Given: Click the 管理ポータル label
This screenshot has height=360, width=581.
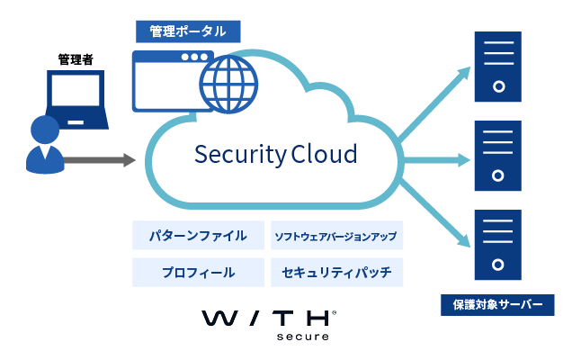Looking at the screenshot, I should click(x=188, y=31).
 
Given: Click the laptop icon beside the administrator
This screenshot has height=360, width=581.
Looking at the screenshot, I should click(x=76, y=99).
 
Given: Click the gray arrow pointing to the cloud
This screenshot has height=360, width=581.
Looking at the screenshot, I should click(x=99, y=161).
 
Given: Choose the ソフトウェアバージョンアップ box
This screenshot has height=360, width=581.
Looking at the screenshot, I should click(x=335, y=237).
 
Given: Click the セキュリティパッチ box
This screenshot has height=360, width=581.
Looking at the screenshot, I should click(x=335, y=272).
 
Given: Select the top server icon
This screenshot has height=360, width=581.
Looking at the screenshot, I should click(x=497, y=66).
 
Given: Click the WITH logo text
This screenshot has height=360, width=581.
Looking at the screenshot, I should click(x=267, y=319).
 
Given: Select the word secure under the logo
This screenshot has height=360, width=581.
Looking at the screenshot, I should click(x=310, y=337).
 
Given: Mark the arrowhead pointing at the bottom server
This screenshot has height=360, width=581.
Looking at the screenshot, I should click(x=465, y=241).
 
